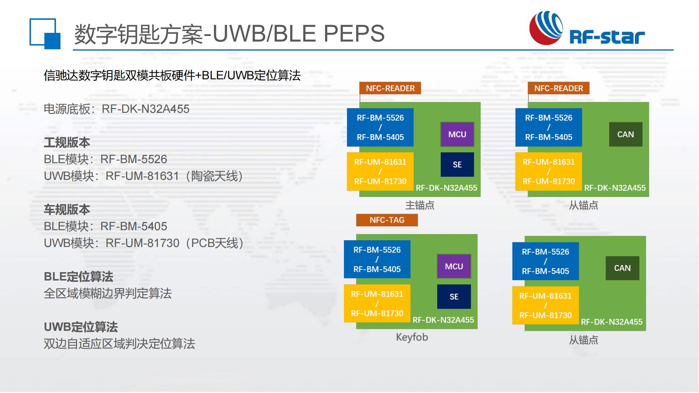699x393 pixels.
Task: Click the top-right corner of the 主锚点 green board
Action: (x=481, y=102)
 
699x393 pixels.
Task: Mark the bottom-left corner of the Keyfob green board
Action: (x=356, y=329)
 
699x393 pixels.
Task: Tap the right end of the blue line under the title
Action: (x=673, y=50)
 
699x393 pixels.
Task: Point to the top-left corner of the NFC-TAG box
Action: (x=356, y=214)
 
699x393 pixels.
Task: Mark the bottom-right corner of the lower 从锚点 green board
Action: (x=646, y=330)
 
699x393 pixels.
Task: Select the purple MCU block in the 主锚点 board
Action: (x=457, y=134)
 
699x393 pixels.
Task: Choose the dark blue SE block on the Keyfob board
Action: (x=454, y=297)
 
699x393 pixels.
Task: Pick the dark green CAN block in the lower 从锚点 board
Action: (x=622, y=268)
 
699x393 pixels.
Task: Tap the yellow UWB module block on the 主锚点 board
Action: (x=380, y=172)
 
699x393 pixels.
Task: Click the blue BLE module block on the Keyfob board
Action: (x=377, y=259)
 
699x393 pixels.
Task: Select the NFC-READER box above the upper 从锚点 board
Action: (x=559, y=88)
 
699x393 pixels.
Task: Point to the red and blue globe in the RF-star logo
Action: (x=546, y=28)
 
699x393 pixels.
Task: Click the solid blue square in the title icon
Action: (x=52, y=41)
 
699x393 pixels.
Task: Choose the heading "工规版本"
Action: (x=67, y=143)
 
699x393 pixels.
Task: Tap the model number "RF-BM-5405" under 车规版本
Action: (x=134, y=226)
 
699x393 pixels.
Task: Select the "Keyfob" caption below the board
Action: (x=412, y=337)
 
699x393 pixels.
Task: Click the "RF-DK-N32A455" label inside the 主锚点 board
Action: (x=446, y=188)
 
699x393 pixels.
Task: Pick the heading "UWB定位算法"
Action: (x=81, y=327)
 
